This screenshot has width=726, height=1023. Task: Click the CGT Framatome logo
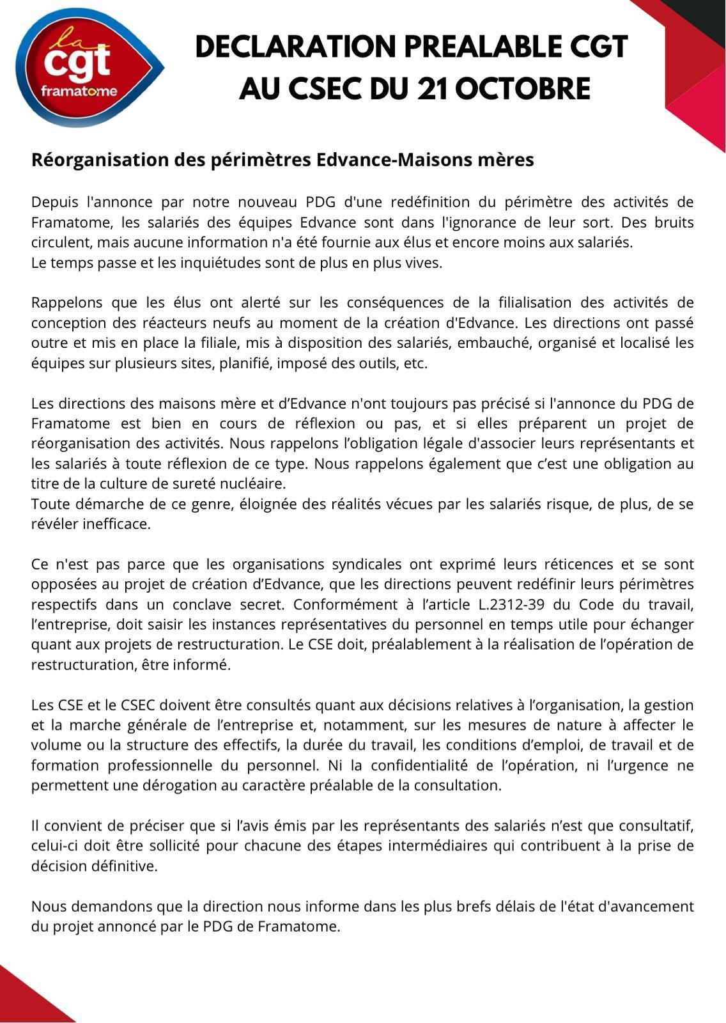coord(89,68)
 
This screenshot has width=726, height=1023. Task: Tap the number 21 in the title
coord(433,89)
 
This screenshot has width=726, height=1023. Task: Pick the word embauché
coord(498,343)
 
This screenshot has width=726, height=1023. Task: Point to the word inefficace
coord(117,524)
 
